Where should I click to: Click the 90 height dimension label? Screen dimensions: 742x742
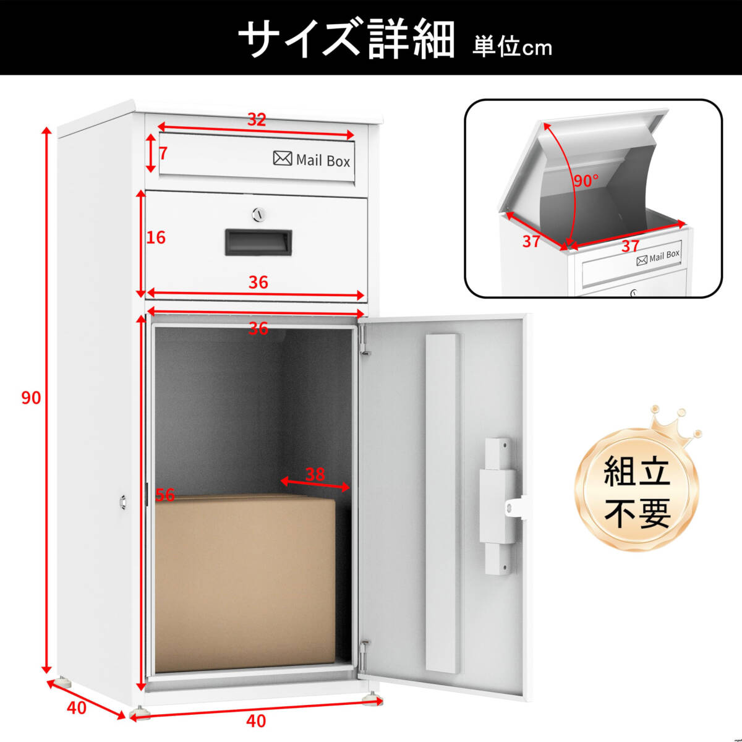[x=31, y=398]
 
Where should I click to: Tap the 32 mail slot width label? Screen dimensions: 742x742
[x=256, y=119]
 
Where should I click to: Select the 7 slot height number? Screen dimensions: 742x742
[x=163, y=152]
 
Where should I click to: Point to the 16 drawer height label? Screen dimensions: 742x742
[x=156, y=237]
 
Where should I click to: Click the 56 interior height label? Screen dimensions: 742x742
[x=165, y=495]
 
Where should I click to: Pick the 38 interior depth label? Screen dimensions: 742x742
[x=315, y=474]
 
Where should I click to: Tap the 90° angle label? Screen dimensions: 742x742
[x=585, y=181]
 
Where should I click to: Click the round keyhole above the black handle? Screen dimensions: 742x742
[x=258, y=215]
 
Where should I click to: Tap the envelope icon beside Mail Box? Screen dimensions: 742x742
[x=283, y=158]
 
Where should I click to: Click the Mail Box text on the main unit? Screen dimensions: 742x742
[x=323, y=161]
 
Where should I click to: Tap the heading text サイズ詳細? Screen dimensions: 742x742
[x=346, y=38]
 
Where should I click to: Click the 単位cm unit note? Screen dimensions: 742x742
[x=512, y=46]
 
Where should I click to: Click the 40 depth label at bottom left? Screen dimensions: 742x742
[x=77, y=707]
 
